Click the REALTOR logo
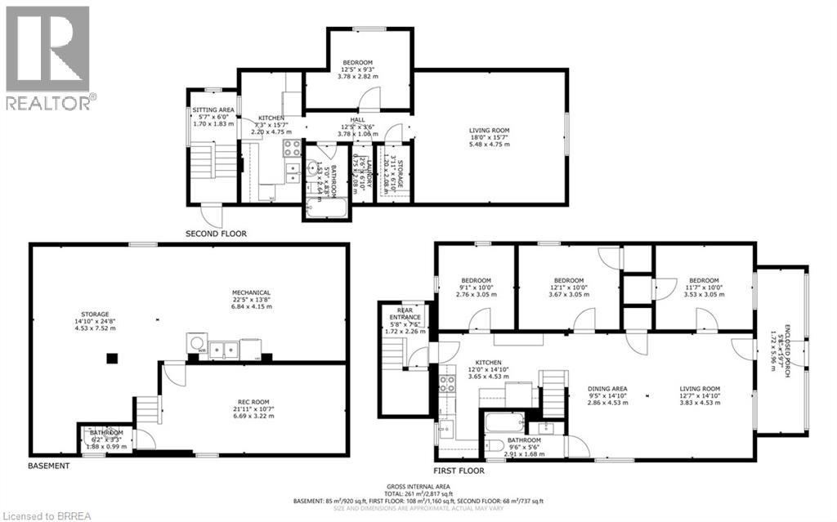pyautogui.click(x=47, y=57)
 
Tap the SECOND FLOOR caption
pyautogui.click(x=216, y=234)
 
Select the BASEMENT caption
pyautogui.click(x=49, y=466)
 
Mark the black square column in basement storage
pyautogui.click(x=113, y=358)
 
